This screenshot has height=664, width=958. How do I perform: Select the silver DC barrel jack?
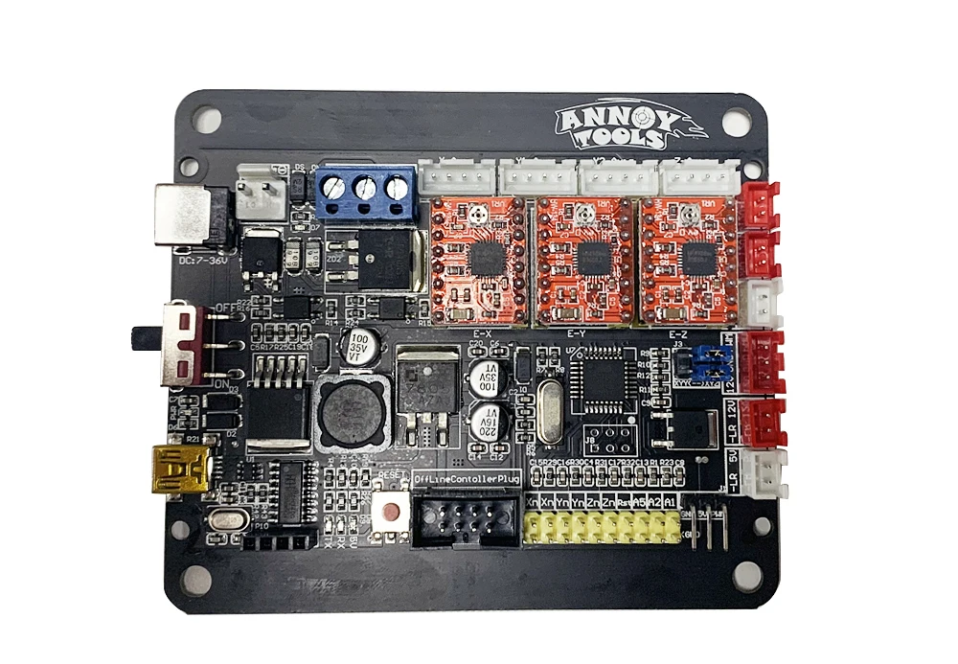pos(187,216)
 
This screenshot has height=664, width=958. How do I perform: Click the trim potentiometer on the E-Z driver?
pos(688,218)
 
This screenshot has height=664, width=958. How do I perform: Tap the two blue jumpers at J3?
pos(708,362)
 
